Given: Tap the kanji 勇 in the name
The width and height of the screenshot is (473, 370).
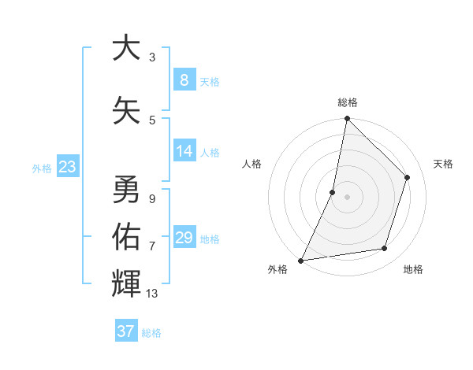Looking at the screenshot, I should pos(126,189).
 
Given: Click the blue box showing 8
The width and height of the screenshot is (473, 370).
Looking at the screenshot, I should pos(184,80).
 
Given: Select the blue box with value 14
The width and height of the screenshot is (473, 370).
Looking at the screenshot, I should pos(184,152).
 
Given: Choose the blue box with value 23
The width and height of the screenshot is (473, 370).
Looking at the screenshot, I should pos(67,167).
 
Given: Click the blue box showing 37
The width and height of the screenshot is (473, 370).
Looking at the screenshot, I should pos(125,331).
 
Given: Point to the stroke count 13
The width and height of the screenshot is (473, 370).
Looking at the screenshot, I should pos(152,294).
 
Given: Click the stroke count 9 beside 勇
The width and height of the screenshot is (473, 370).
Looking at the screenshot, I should pos(152,198).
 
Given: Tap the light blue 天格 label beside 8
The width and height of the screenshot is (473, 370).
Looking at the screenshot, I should pos(209,82).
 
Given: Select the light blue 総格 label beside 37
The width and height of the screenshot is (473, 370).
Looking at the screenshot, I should pos(151,333).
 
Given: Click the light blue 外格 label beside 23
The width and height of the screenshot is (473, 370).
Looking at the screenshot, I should pos(42,168).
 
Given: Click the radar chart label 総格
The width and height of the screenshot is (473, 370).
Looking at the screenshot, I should pos(347,102).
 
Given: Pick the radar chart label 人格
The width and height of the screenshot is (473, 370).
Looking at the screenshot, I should pos(251,164).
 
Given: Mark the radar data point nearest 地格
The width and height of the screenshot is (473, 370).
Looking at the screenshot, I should pos(385,249).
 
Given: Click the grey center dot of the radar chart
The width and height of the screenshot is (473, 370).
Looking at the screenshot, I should pos(347,197).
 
